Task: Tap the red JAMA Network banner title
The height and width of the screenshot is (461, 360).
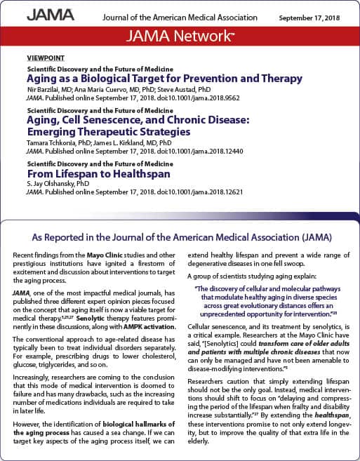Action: point(180,36)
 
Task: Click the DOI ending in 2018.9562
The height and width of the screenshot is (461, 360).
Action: point(168,99)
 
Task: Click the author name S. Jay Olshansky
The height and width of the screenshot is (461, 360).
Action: point(48,184)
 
